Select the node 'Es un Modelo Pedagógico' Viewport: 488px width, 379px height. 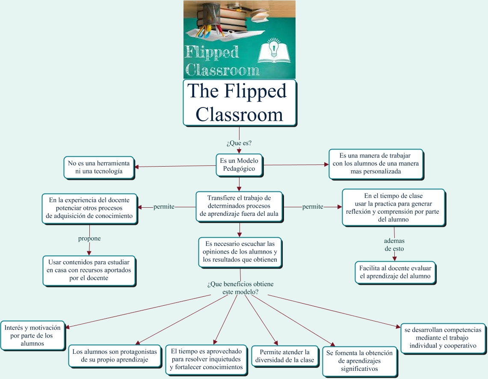point(239,165)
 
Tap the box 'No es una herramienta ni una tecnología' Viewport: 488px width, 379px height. point(99,167)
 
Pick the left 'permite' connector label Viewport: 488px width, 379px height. point(164,207)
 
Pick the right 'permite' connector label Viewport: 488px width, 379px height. point(313,207)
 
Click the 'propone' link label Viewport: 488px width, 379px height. point(89,239)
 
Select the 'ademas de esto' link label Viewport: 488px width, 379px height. point(394,245)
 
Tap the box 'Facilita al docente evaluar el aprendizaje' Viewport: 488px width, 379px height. point(395,272)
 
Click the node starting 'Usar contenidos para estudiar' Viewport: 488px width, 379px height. point(89,271)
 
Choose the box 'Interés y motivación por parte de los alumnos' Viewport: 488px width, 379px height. point(33,335)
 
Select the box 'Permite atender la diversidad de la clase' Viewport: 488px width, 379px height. point(284,356)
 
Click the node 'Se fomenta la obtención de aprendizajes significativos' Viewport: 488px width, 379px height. point(360,361)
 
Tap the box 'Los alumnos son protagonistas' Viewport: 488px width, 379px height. point(115,355)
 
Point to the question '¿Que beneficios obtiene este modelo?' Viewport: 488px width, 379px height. point(240,288)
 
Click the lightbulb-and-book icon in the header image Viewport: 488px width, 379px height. point(274,51)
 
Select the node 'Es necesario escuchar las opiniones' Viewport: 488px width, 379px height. point(240,252)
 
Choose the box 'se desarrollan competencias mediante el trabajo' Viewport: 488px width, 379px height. point(443,338)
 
